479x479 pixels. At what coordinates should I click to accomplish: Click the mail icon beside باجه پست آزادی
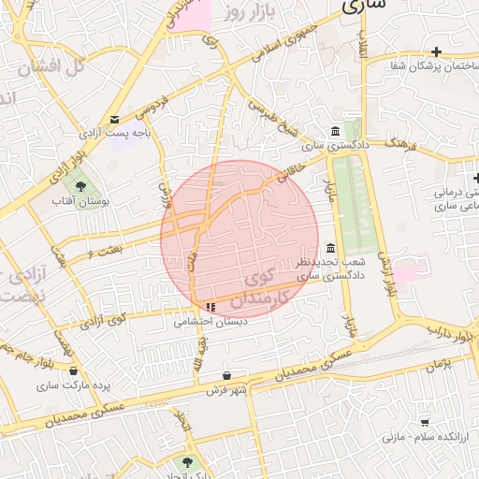(115, 120)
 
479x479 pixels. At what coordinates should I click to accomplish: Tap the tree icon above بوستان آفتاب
(81, 183)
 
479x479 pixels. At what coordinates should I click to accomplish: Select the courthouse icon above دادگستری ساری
(336, 131)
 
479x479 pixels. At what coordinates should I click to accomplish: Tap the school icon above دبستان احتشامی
(210, 306)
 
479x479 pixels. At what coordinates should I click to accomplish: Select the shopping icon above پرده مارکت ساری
(73, 370)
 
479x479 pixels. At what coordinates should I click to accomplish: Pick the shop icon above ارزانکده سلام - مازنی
(426, 422)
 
